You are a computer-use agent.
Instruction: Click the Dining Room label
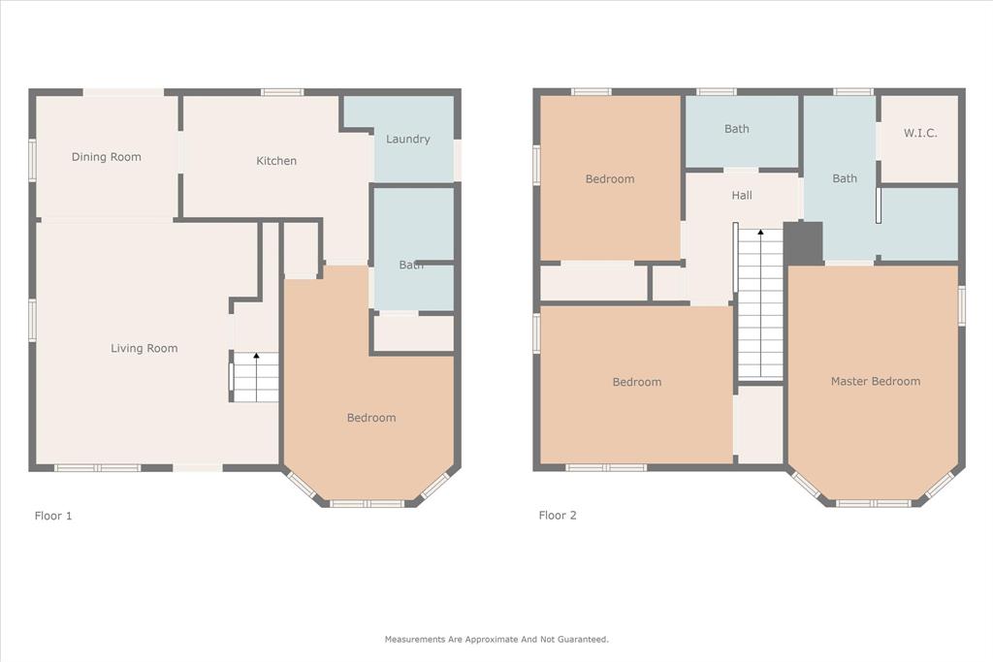(x=107, y=157)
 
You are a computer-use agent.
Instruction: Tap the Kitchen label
(x=276, y=161)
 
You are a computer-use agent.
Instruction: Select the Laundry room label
(x=407, y=140)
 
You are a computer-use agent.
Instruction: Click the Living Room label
(x=144, y=349)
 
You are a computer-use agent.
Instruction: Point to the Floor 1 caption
(x=53, y=516)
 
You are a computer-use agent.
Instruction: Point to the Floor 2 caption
(x=558, y=516)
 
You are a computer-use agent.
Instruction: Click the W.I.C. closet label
(x=920, y=134)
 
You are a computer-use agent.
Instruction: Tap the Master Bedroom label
(x=875, y=382)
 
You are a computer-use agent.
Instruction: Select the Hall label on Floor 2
(x=742, y=196)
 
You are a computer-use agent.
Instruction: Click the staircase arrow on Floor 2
(x=760, y=234)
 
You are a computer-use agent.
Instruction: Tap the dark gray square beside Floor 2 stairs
(x=803, y=243)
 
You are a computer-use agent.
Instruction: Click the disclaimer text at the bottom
(x=496, y=640)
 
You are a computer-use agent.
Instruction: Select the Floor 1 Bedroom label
(x=371, y=418)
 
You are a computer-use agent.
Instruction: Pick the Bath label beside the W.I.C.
(x=845, y=178)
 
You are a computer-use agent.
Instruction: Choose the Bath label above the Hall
(x=737, y=129)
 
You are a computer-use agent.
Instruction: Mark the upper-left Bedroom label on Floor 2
(x=610, y=179)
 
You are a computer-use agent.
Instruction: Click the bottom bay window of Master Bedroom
(x=874, y=503)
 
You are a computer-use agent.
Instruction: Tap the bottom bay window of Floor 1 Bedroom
(x=367, y=503)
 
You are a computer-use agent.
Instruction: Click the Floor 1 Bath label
(x=411, y=265)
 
